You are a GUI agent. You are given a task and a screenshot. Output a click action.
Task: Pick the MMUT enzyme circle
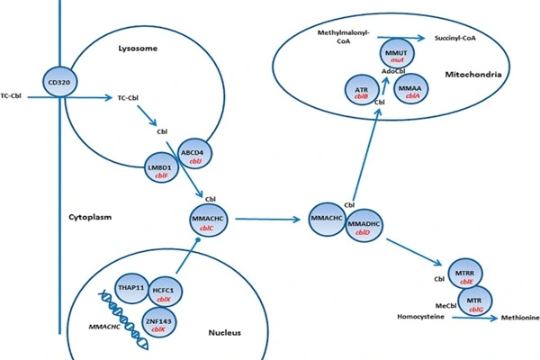coord(396,53)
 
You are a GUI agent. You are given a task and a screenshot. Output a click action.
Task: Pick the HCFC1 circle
coord(167,290)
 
